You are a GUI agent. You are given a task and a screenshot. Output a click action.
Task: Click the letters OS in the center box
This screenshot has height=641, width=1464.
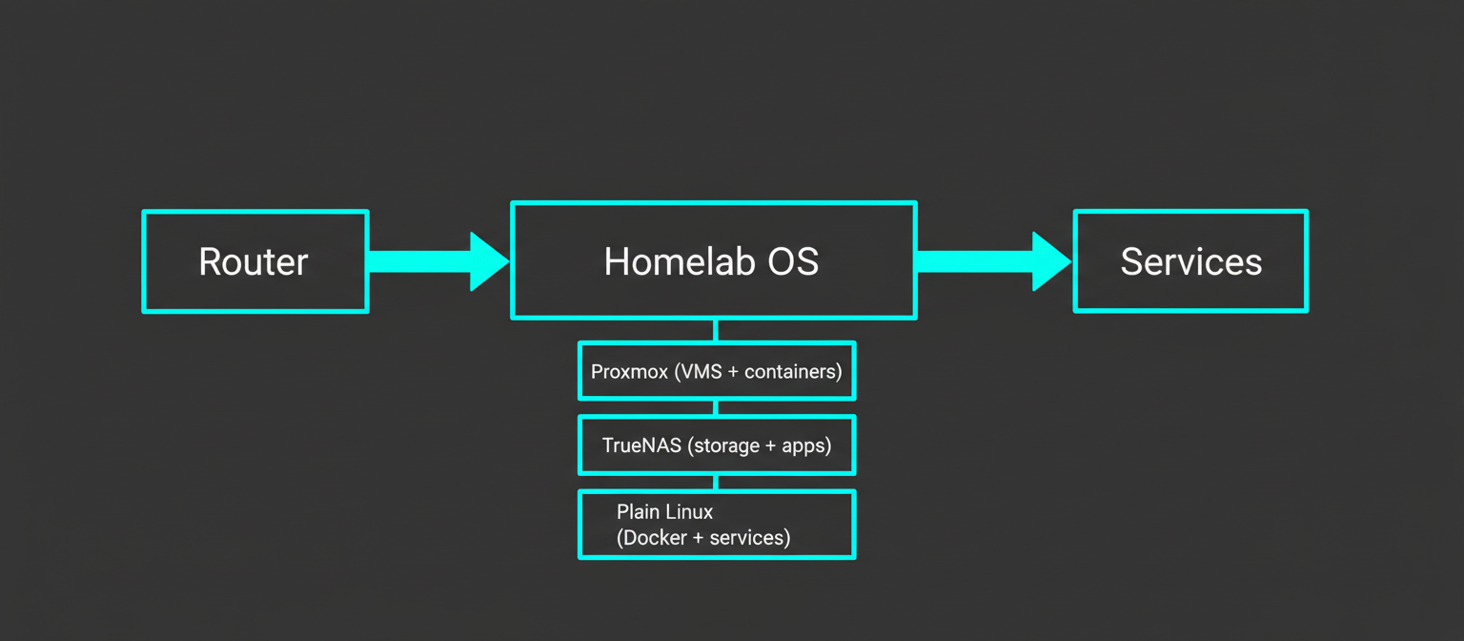click(x=793, y=261)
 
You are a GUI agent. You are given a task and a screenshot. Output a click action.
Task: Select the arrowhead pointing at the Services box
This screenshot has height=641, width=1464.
click(x=1050, y=261)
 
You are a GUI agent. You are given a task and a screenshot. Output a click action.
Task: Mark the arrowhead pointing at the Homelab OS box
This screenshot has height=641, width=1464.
click(x=488, y=261)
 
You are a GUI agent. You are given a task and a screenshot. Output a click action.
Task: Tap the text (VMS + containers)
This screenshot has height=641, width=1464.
click(x=758, y=371)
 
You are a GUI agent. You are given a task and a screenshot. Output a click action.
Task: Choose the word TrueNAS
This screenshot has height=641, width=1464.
click(x=641, y=445)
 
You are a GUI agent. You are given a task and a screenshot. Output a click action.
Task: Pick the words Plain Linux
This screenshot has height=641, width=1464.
click(x=664, y=512)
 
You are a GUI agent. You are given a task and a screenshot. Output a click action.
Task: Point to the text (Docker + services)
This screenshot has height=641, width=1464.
click(x=703, y=538)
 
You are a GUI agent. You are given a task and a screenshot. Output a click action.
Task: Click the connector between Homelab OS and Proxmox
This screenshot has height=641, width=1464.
click(x=716, y=330)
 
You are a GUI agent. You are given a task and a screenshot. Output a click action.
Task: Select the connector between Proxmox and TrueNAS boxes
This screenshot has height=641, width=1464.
click(x=716, y=407)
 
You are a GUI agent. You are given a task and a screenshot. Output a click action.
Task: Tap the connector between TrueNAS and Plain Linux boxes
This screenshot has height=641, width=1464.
click(x=716, y=482)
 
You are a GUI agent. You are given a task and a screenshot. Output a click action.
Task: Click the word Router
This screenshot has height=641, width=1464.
click(x=254, y=261)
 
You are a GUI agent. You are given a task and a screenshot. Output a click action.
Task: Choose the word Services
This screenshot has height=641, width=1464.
click(x=1190, y=261)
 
